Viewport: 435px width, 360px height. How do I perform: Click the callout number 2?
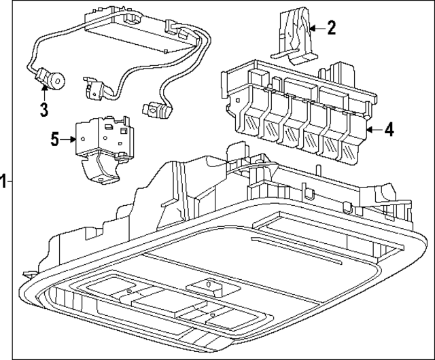(x=331, y=28)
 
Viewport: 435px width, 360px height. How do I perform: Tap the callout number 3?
(x=43, y=108)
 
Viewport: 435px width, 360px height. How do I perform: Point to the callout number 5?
(x=55, y=140)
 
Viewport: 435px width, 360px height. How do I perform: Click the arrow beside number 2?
(x=317, y=29)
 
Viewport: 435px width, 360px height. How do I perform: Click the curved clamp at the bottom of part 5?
(x=103, y=173)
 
